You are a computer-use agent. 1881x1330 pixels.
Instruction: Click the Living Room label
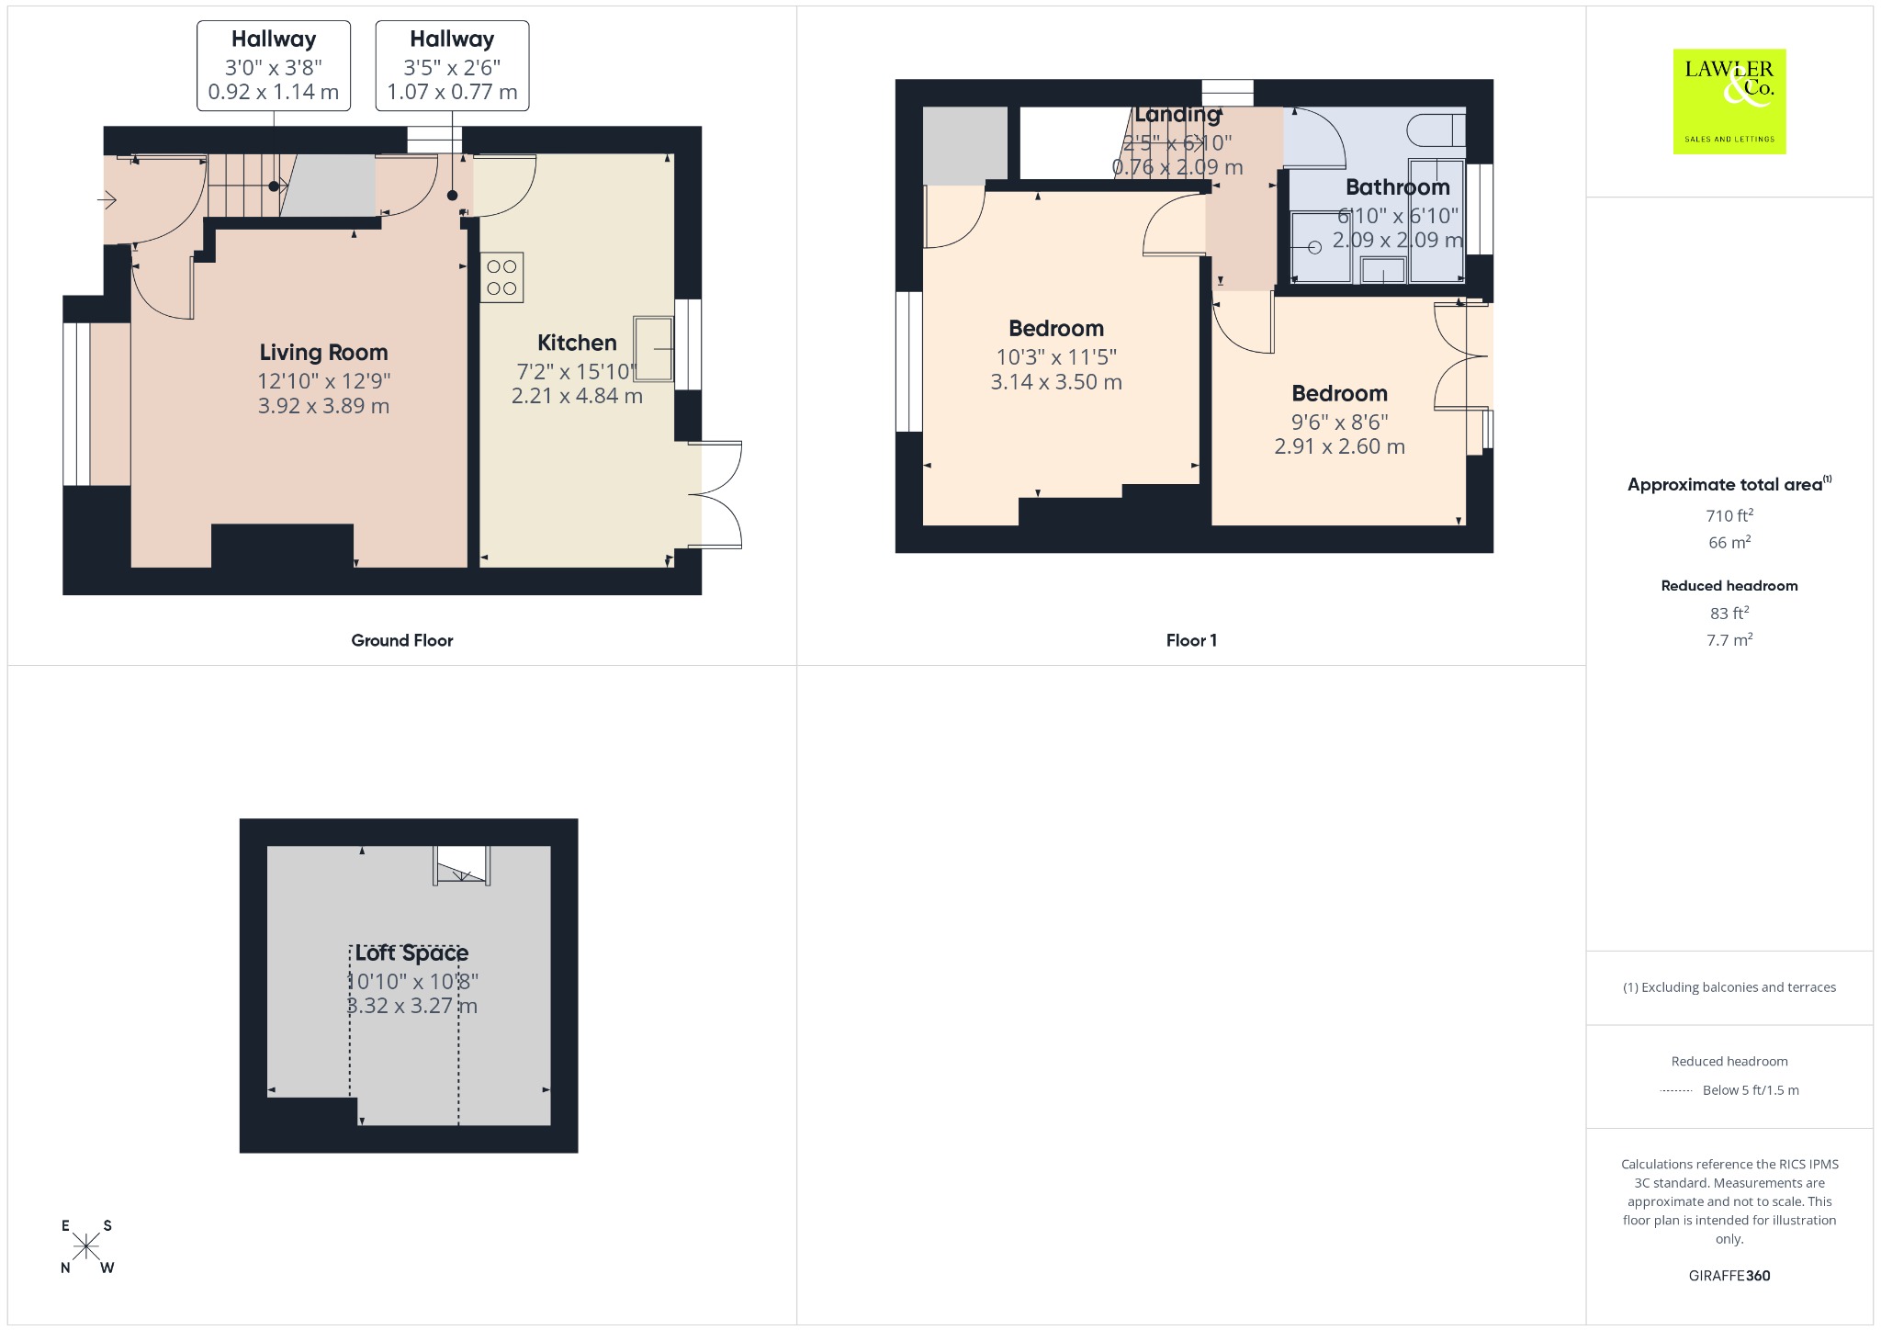323,353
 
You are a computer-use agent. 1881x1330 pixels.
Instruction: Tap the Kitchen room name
577,343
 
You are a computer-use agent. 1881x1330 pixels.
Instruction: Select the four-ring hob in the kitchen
501,277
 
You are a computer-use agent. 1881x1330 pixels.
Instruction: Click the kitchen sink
653,349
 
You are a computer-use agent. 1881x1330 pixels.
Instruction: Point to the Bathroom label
1397,187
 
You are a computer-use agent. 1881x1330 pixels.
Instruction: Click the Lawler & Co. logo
1729,101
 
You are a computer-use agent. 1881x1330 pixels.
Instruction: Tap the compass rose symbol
86,1246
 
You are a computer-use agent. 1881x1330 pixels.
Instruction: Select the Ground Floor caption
402,640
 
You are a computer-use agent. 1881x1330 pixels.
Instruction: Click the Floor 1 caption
1191,640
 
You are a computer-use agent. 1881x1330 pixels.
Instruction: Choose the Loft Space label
411,953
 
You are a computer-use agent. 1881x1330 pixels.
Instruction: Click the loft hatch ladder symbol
462,866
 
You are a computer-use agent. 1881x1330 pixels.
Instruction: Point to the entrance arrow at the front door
106,198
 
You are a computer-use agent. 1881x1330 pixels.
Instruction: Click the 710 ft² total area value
1729,515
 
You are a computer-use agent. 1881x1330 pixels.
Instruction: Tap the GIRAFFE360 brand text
1729,1275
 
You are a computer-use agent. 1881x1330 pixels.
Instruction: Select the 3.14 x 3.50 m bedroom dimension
1056,382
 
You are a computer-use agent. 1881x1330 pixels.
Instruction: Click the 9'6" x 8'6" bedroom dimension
1339,422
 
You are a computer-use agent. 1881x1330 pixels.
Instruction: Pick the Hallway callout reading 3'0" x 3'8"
274,66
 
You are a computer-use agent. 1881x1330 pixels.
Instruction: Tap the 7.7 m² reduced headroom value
1729,640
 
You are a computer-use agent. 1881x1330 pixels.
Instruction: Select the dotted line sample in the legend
1676,1091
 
